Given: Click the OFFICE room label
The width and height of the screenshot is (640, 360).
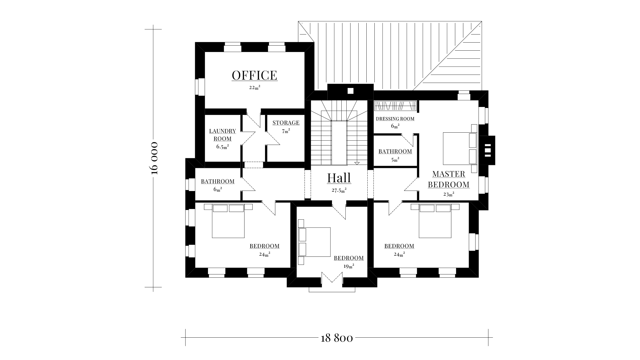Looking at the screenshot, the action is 254,75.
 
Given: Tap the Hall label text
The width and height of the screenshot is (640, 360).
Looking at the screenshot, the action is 339,178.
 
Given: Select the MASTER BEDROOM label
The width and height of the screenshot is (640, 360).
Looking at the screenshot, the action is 449,179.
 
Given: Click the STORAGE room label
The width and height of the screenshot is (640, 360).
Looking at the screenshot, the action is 286,123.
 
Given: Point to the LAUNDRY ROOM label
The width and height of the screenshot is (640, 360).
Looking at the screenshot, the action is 223,135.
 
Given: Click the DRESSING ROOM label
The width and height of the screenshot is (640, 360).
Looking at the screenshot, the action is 395,119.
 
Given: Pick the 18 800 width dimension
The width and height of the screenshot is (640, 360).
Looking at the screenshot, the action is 337,338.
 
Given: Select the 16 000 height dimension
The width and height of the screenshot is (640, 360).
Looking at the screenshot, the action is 154,158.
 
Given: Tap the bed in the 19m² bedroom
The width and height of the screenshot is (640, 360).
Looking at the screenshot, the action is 314,242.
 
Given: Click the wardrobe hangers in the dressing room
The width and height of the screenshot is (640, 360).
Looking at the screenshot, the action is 395,106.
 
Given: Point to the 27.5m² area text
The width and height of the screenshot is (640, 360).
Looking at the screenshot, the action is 339,191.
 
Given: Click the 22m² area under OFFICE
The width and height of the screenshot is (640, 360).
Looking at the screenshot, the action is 254,88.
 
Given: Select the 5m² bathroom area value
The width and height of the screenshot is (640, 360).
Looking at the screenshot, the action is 395,160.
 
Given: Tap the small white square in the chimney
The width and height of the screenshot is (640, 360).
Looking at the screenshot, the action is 350,91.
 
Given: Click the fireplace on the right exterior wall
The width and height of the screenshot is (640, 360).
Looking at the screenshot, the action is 487,150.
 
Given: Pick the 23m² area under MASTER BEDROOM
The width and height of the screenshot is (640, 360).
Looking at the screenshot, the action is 449,194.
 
